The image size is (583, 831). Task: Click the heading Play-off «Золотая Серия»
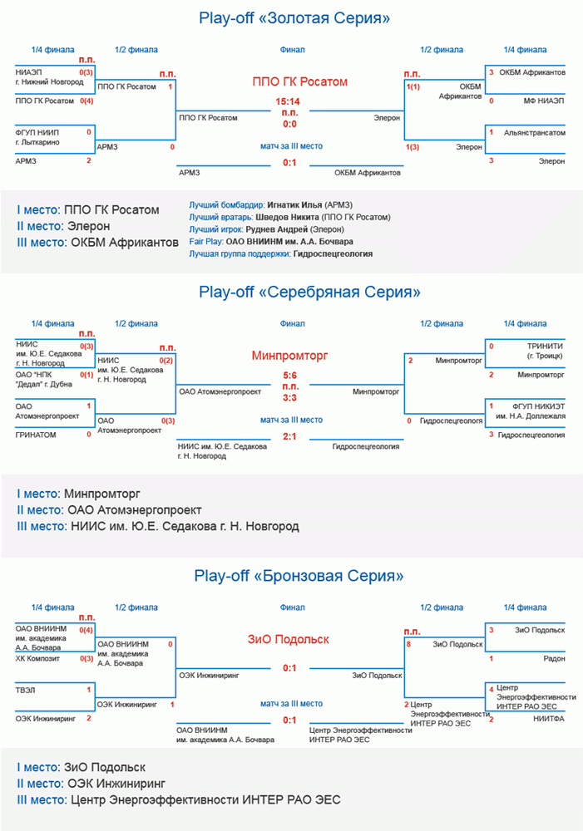(x=295, y=18)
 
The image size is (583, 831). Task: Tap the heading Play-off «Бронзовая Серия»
(x=299, y=576)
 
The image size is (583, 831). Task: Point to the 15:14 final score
(x=289, y=102)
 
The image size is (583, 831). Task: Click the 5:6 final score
(x=289, y=376)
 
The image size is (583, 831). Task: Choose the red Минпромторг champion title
(x=289, y=356)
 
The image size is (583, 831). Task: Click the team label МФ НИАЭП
(x=545, y=101)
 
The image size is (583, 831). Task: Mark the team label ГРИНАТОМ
(x=35, y=434)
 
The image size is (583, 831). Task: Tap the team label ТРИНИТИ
(x=546, y=346)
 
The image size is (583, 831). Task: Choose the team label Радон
(x=554, y=658)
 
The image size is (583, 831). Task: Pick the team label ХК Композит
(x=38, y=658)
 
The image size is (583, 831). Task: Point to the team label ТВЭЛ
(x=26, y=690)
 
